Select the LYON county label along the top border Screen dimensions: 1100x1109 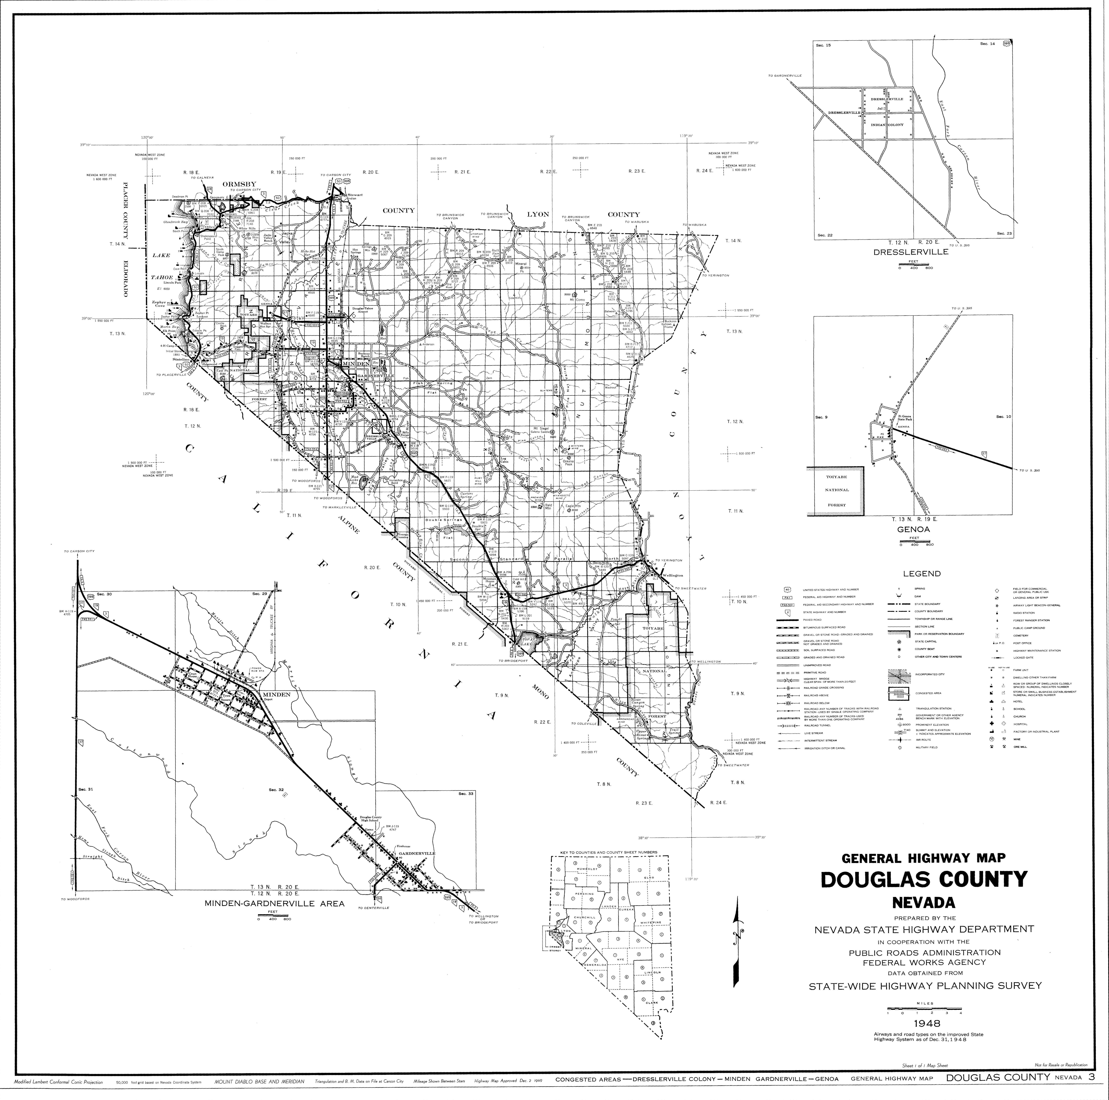click(x=538, y=214)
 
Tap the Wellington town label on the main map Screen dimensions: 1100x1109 click(x=672, y=575)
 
